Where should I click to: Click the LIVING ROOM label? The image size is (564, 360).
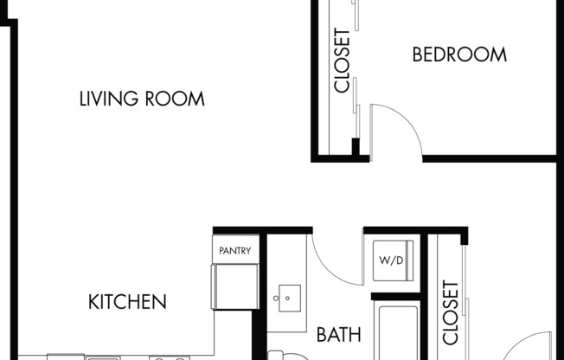[x=142, y=99]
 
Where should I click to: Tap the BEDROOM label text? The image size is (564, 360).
[x=459, y=55]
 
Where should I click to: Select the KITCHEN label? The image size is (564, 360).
[x=127, y=302]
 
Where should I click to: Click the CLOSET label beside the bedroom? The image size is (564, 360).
[x=342, y=61]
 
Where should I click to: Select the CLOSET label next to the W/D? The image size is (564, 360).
[x=450, y=312]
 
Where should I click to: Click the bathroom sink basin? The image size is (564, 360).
[x=287, y=298]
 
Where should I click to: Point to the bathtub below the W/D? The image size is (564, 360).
[x=394, y=329]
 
